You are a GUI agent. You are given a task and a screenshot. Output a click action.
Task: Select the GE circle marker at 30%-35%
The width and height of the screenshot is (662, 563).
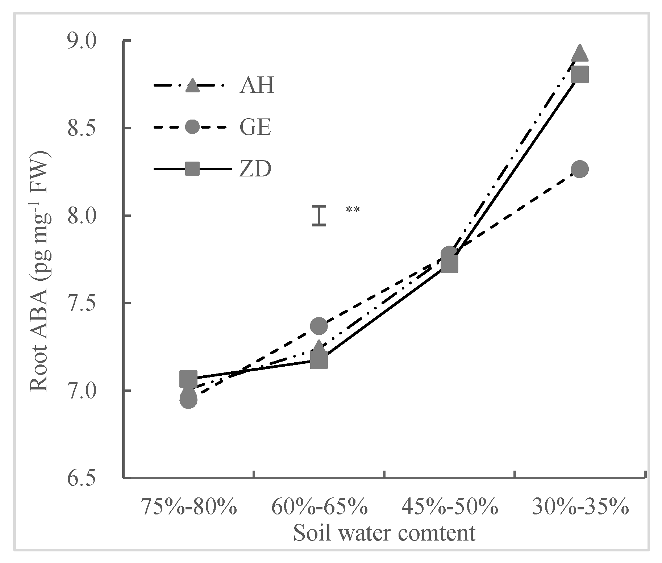[579, 169]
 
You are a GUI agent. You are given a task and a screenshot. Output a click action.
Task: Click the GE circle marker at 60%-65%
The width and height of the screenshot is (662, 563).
[319, 326]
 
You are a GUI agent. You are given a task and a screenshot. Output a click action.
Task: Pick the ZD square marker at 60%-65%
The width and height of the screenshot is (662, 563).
[319, 360]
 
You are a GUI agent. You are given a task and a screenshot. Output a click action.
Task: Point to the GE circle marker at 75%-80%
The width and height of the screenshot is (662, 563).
[188, 400]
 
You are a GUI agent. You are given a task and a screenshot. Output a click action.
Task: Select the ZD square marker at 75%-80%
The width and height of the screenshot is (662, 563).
[188, 379]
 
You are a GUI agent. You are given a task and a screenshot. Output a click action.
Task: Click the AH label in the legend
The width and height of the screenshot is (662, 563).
[256, 86]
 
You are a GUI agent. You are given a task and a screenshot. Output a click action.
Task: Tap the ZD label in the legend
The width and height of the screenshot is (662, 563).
[255, 169]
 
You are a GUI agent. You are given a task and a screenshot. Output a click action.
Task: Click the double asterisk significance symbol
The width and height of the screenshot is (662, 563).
[353, 210]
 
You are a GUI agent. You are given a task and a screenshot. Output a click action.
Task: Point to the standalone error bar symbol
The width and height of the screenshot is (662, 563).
[319, 216]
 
